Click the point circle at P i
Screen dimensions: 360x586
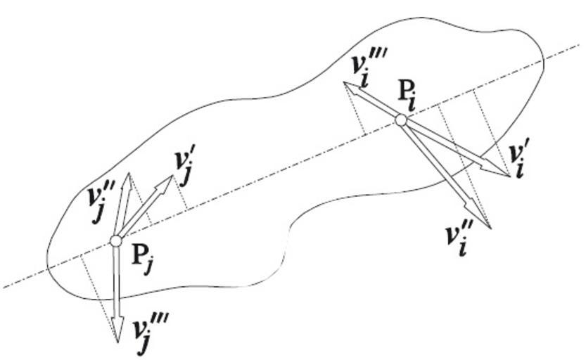[x=401, y=120]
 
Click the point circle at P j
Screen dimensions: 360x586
[x=116, y=241]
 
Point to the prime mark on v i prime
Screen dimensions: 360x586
[x=524, y=150]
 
